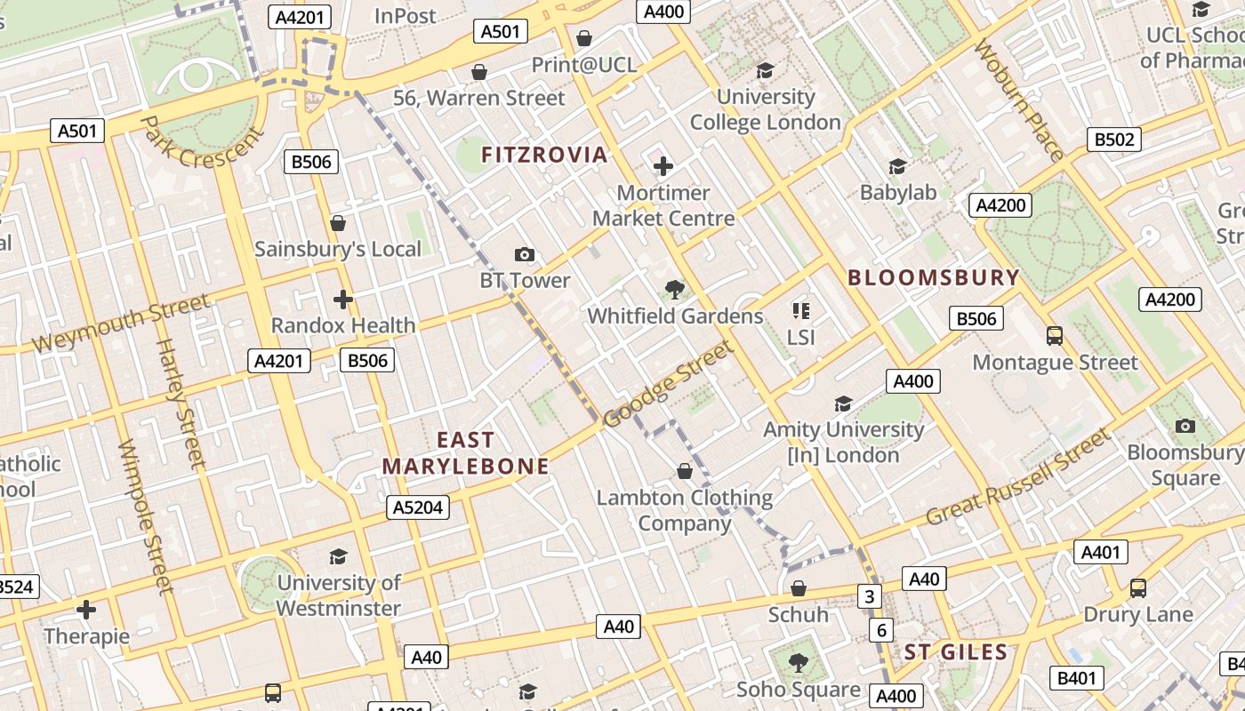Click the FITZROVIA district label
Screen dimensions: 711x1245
(x=544, y=155)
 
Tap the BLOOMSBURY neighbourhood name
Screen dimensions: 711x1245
(x=933, y=277)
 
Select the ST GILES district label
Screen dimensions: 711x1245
(x=956, y=652)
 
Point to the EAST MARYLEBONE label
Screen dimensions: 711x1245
(x=465, y=453)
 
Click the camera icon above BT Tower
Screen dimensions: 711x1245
(x=525, y=255)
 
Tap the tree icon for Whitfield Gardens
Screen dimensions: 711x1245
(x=675, y=289)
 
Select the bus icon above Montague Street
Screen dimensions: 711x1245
(x=1055, y=336)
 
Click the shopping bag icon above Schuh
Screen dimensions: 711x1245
(x=799, y=588)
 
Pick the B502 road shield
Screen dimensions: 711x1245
(x=1113, y=140)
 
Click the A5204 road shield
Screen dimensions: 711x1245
(x=418, y=507)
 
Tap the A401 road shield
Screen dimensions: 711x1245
(x=1100, y=552)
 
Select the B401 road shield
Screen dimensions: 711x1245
(x=1076, y=678)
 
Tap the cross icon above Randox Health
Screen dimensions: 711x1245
(x=343, y=300)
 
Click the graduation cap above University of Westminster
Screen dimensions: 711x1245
(x=338, y=557)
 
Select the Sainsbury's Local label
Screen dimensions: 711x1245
(x=338, y=249)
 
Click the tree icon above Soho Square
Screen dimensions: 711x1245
(x=799, y=662)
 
